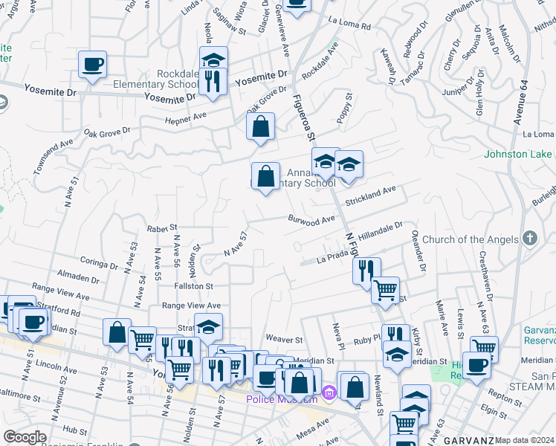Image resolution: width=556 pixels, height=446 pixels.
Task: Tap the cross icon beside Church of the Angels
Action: (529, 239)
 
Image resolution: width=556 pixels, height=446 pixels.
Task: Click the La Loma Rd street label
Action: (349, 25)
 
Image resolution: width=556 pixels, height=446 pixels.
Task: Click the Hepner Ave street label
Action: (186, 118)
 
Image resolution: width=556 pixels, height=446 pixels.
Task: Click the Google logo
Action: (25, 437)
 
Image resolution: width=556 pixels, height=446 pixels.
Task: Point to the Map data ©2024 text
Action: (525, 440)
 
